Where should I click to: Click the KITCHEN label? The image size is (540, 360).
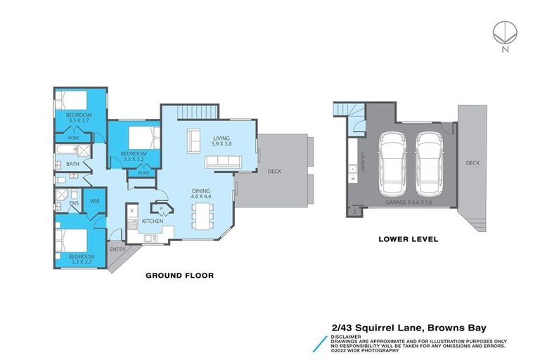point(153,221)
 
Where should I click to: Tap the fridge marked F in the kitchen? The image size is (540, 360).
point(131,210)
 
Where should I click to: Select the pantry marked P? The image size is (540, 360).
point(161,209)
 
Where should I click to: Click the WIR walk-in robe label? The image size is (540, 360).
point(95,202)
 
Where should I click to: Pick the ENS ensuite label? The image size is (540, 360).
point(73,205)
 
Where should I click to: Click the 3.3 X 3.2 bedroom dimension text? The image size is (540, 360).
point(133,160)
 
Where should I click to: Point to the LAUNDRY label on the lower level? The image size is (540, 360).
point(362,162)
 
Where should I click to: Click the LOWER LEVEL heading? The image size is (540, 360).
point(408,239)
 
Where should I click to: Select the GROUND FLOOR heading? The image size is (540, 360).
point(179,276)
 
